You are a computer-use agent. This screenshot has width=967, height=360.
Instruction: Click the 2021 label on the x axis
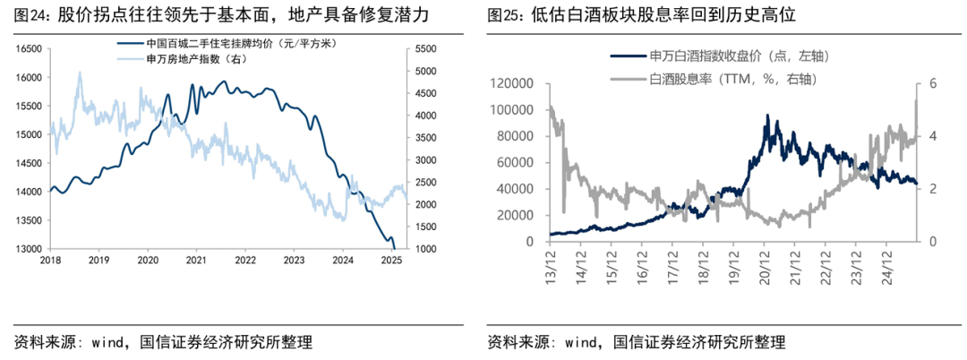click(196, 261)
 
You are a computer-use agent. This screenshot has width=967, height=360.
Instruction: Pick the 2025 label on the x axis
click(390, 261)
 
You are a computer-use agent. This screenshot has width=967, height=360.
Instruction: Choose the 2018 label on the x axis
click(52, 261)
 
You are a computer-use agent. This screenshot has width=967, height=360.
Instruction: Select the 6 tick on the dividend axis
click(932, 83)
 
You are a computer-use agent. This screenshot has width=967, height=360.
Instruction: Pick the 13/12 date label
click(549, 264)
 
